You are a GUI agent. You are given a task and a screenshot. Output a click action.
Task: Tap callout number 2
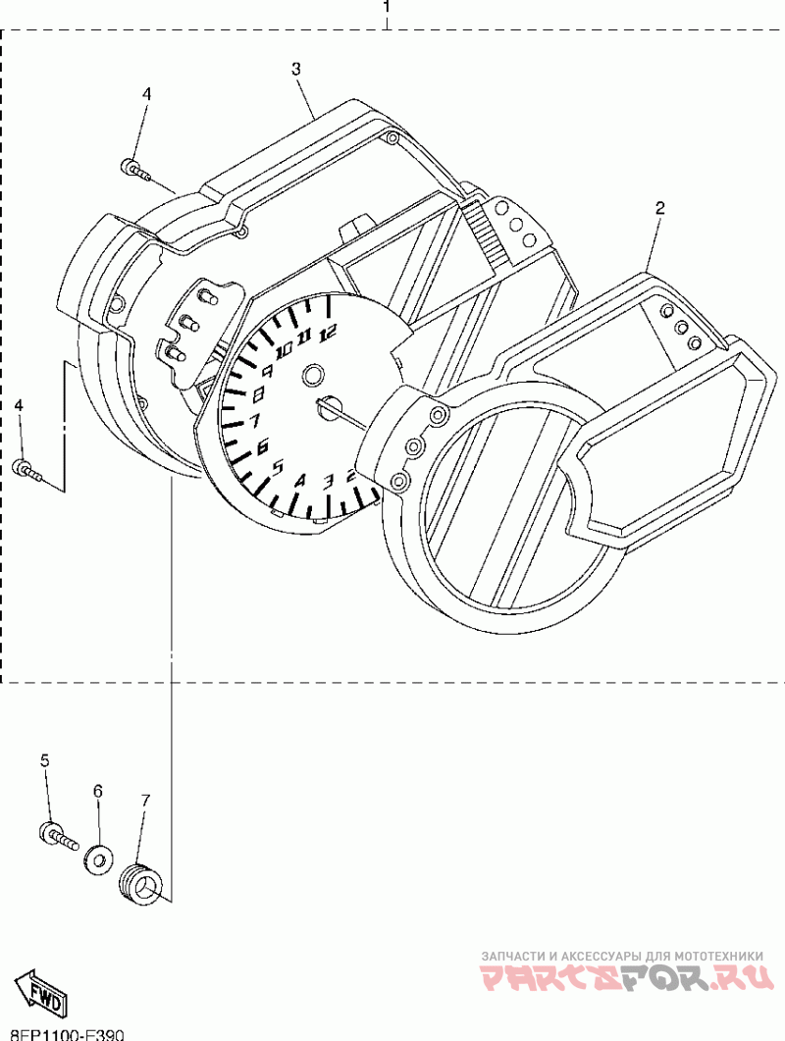tap(659, 208)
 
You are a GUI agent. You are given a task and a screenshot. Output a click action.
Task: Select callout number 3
tap(295, 69)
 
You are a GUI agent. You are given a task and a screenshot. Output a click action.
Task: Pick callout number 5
tap(44, 760)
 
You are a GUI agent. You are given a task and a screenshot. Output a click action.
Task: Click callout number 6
tap(97, 790)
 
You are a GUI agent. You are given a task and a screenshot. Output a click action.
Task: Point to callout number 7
tap(145, 801)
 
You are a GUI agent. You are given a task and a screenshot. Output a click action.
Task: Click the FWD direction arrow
tap(40, 992)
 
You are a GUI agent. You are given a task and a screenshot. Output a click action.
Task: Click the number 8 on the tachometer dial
tap(259, 394)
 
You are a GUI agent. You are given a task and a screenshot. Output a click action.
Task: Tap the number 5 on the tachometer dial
tap(278, 467)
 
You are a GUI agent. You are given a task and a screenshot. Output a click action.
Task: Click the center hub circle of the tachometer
tap(314, 376)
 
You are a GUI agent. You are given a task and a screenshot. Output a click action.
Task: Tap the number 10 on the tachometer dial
tap(285, 349)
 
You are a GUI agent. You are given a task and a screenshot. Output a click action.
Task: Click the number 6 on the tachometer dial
tap(263, 447)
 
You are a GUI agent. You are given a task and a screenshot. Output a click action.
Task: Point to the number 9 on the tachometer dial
tap(266, 371)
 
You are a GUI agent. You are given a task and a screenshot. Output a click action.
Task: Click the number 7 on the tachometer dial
tap(255, 422)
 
